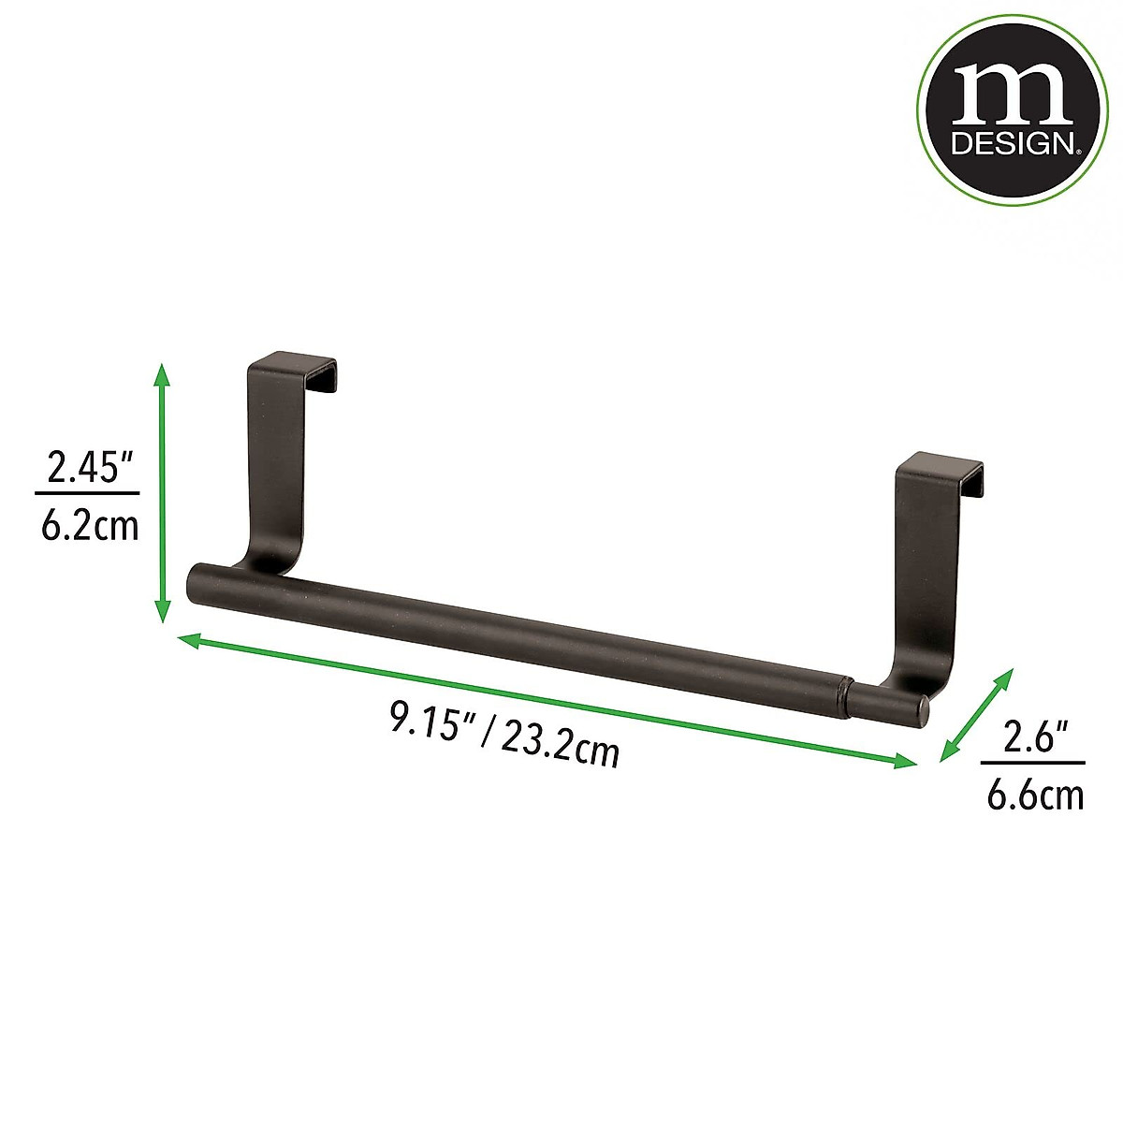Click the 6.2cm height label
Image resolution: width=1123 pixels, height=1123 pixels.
click(89, 526)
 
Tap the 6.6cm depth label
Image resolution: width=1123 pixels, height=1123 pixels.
click(1035, 796)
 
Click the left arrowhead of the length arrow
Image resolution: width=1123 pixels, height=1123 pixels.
click(187, 640)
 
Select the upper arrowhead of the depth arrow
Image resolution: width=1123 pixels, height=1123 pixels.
click(1006, 676)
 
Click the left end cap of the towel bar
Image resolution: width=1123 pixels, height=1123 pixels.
click(197, 584)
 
